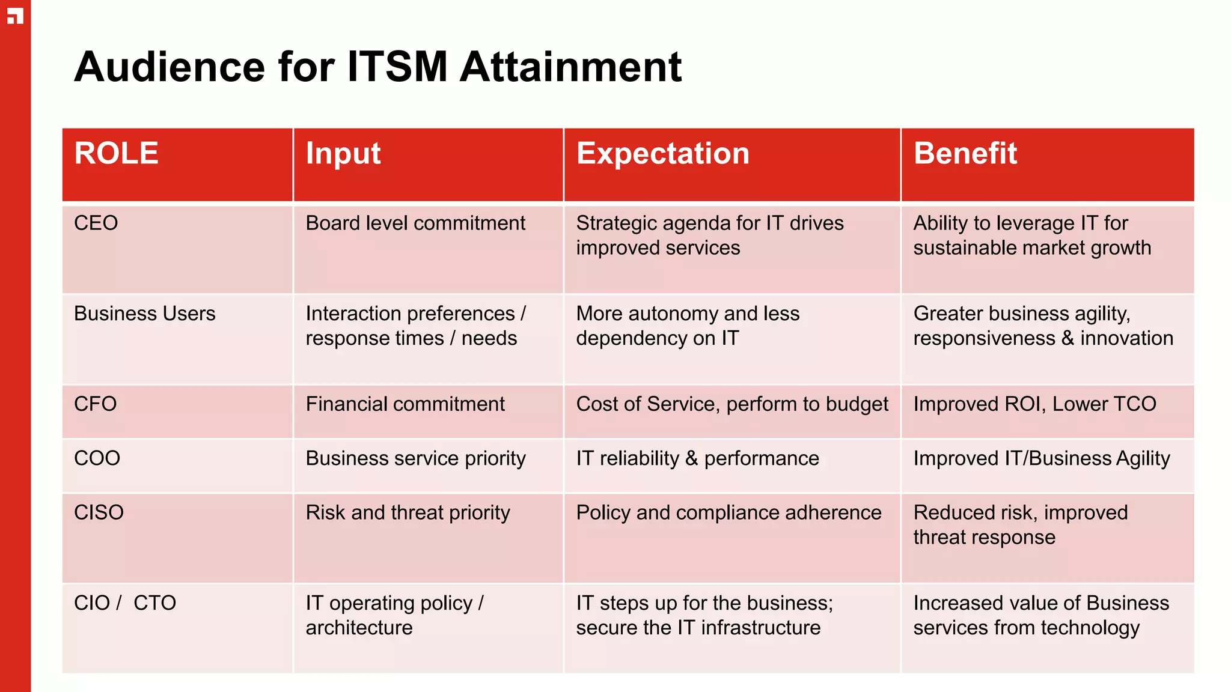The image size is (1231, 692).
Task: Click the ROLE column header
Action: pos(116,154)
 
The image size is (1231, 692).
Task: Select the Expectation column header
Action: pos(663,154)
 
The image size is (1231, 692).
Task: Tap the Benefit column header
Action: pos(965,154)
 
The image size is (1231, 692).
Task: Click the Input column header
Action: pos(343,154)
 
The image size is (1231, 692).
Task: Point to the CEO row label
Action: pos(96,223)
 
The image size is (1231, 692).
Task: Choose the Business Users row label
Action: pos(144,314)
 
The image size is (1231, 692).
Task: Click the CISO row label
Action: pos(99,512)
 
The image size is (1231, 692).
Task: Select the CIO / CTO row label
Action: pos(124,602)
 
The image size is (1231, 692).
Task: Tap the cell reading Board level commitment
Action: pos(415,223)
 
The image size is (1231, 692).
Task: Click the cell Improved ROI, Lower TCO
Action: pos(1034,404)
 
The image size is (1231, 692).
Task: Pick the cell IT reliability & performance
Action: pos(697,458)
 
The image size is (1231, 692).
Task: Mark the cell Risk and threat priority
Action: pos(408,512)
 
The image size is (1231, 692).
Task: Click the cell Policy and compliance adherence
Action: pos(729,512)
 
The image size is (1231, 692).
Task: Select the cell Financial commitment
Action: pos(405,404)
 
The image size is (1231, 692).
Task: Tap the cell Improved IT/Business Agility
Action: pos(1042,458)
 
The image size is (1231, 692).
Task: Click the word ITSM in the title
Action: pos(397,66)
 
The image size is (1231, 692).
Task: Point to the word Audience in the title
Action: pos(170,66)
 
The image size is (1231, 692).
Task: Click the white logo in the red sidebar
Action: pos(15,16)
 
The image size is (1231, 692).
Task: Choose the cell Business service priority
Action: pos(415,458)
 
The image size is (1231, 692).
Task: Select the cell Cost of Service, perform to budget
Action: pos(732,404)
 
